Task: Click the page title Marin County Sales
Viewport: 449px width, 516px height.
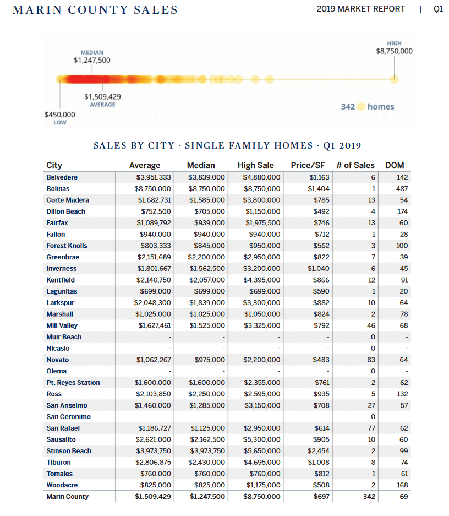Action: (x=95, y=10)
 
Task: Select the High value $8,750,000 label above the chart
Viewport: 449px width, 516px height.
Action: (x=394, y=51)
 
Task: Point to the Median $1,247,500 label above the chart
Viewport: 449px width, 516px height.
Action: (x=92, y=60)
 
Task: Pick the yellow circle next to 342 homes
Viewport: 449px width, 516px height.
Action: (x=361, y=106)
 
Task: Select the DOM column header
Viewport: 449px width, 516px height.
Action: (x=395, y=165)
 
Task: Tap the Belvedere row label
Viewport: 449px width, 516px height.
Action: (x=62, y=177)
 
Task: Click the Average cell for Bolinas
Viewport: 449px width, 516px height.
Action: (x=154, y=189)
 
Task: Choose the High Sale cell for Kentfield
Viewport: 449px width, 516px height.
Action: (x=261, y=280)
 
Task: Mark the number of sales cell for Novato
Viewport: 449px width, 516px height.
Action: (x=371, y=360)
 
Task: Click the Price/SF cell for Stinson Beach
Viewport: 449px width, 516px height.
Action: (x=319, y=451)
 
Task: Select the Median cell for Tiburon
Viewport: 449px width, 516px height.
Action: (x=207, y=463)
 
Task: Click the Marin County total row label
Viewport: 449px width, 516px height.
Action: (x=67, y=497)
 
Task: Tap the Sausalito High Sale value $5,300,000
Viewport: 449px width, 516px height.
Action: (x=261, y=439)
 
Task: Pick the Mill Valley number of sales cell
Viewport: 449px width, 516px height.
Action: (x=371, y=325)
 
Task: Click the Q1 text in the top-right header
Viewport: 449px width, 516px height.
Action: (x=438, y=9)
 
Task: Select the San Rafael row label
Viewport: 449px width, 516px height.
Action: (x=63, y=428)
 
